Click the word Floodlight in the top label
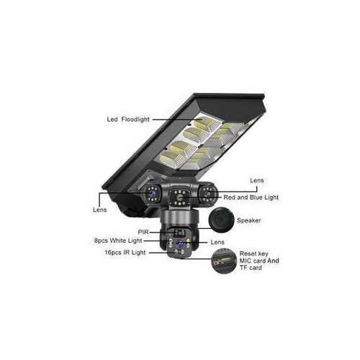(x=135, y=120)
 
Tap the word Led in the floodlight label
(x=112, y=120)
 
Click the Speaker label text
(x=249, y=220)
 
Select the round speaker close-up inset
(x=221, y=220)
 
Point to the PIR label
(x=143, y=232)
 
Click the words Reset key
(x=254, y=253)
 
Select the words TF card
(x=251, y=267)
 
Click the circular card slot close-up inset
(x=224, y=261)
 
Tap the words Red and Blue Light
(x=251, y=197)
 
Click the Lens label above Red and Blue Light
(x=257, y=181)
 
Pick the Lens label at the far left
(x=100, y=210)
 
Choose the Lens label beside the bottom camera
(x=217, y=242)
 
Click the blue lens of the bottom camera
(x=179, y=244)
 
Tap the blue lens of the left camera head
(x=152, y=194)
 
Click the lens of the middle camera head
(x=179, y=198)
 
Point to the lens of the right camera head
(x=207, y=194)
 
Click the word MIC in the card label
(x=246, y=261)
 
